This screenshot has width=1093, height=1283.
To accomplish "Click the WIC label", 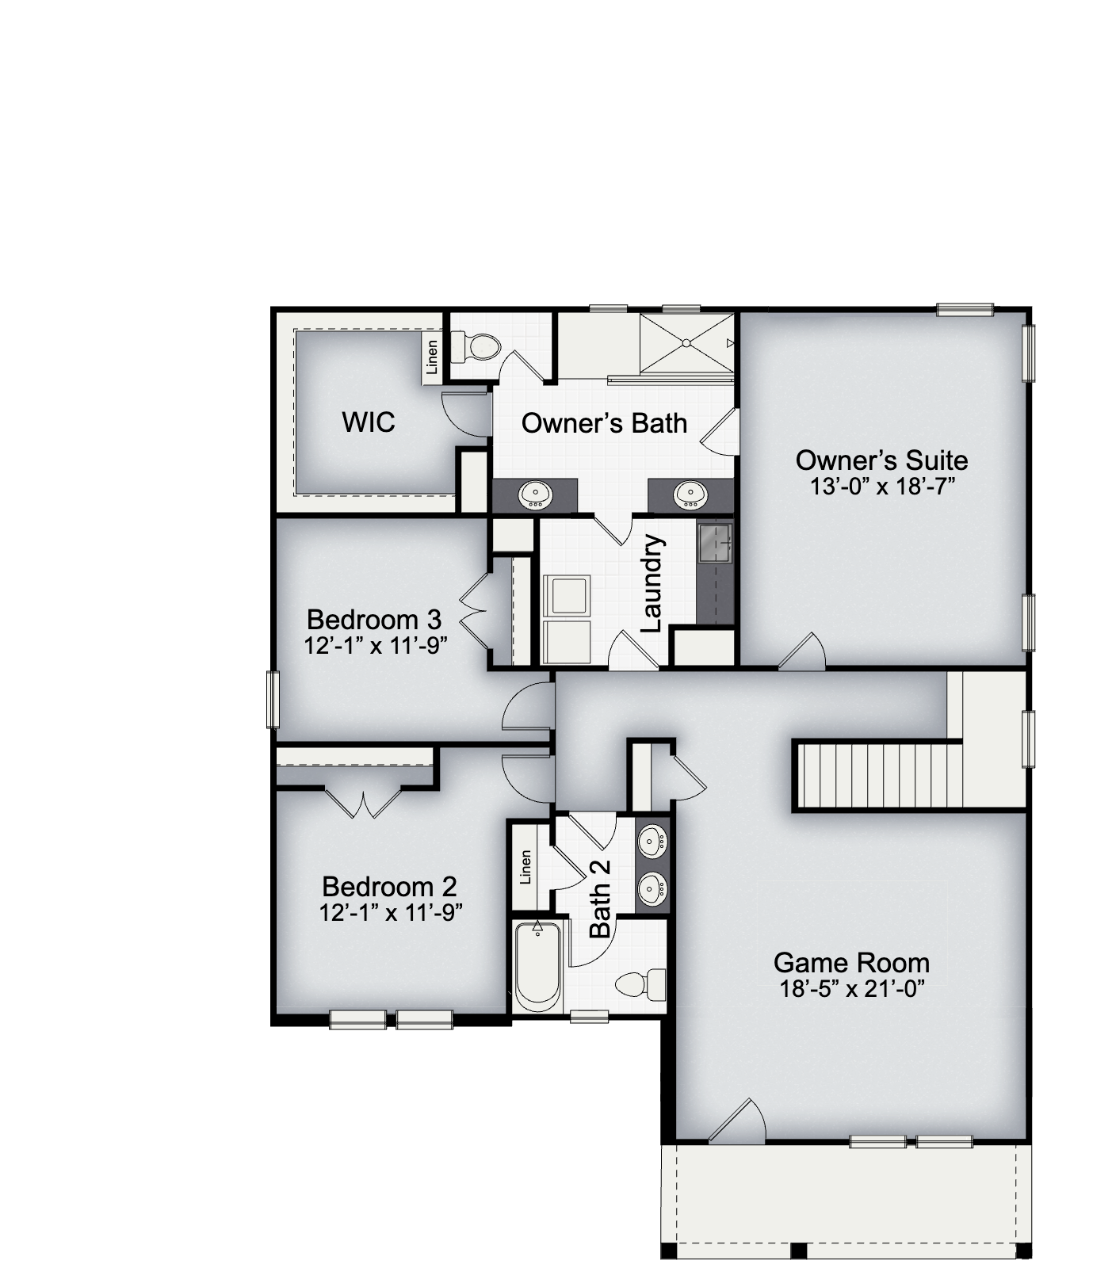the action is [x=369, y=422].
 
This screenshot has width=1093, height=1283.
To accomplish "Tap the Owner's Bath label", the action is [x=604, y=423].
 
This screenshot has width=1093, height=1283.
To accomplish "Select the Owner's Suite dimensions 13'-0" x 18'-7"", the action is [x=881, y=486].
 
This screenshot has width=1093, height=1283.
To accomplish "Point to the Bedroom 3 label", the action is [x=374, y=619].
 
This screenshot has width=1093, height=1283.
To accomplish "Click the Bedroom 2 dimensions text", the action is [x=391, y=913].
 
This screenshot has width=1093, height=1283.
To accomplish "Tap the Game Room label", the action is [x=851, y=963].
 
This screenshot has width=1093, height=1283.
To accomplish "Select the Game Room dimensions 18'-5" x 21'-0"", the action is [x=852, y=989].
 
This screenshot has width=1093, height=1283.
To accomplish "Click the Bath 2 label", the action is [x=601, y=899].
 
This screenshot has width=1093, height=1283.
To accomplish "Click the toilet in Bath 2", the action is [x=642, y=983].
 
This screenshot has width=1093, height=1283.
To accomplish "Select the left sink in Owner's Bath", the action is [x=535, y=496].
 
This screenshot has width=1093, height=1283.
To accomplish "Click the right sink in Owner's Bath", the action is [x=689, y=496].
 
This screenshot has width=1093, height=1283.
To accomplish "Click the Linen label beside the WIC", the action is [x=432, y=357].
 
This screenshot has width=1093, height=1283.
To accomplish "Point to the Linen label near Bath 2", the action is [x=525, y=867].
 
